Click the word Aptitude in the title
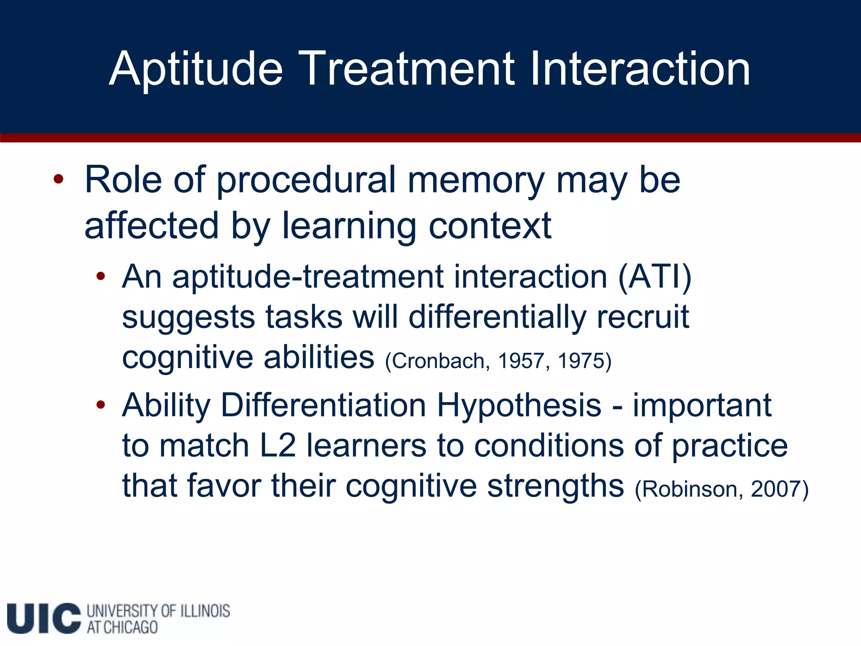pyautogui.click(x=196, y=69)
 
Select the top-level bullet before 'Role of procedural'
pyautogui.click(x=58, y=180)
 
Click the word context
pyautogui.click(x=490, y=226)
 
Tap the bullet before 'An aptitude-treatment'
pyautogui.click(x=100, y=276)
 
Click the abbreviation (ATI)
pyautogui.click(x=655, y=277)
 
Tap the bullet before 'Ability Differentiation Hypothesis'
pyautogui.click(x=100, y=405)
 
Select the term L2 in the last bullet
pyautogui.click(x=278, y=446)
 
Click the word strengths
pyautogui.click(x=555, y=486)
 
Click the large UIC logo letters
pyautogui.click(x=44, y=618)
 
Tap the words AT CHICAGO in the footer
pyautogui.click(x=122, y=627)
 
